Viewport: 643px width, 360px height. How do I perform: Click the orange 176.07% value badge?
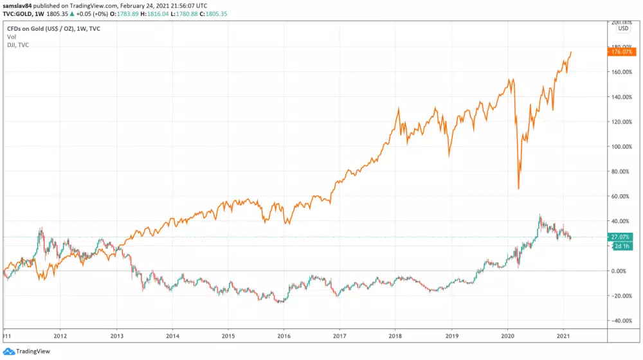[x=622, y=52]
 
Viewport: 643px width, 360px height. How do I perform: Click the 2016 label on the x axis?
[x=284, y=336]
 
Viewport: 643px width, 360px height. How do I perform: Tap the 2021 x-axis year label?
[x=564, y=336]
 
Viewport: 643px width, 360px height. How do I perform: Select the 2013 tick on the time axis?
[x=116, y=336]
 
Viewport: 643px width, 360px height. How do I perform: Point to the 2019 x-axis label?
[x=452, y=336]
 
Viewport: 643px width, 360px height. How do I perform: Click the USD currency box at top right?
[x=623, y=28]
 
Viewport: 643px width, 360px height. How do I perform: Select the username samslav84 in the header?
[x=20, y=4]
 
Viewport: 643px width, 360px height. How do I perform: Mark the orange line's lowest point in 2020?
[x=518, y=188]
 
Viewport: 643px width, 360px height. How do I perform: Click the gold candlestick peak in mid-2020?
[x=540, y=215]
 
